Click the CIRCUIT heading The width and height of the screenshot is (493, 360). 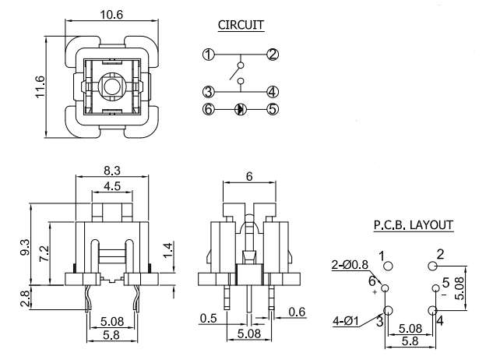pyautogui.click(x=240, y=25)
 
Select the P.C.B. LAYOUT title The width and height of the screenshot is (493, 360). pyautogui.click(x=414, y=224)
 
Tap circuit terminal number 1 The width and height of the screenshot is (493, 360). pyautogui.click(x=208, y=55)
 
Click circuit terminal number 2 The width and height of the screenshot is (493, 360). pyautogui.click(x=273, y=55)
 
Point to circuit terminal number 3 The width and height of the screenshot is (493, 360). pyautogui.click(x=208, y=92)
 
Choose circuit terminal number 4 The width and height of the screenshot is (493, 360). pyautogui.click(x=273, y=92)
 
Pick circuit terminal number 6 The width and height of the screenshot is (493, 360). pyautogui.click(x=208, y=109)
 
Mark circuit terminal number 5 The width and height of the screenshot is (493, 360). pyautogui.click(x=273, y=109)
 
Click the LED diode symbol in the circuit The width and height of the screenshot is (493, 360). pyautogui.click(x=240, y=109)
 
